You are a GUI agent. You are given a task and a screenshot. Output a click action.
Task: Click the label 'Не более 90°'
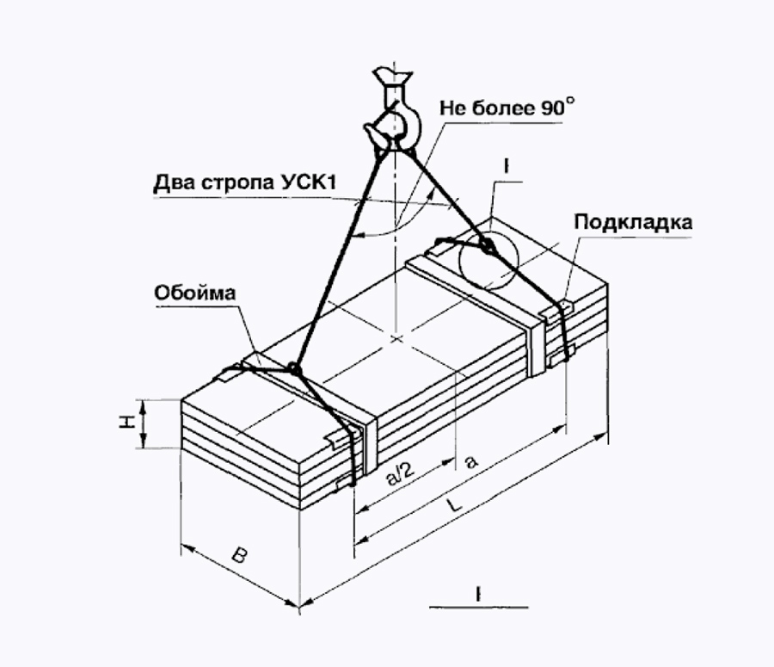click(x=507, y=108)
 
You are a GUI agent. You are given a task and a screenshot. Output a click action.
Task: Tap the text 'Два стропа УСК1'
click(x=245, y=182)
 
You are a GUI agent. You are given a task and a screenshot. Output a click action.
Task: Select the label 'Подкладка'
click(x=633, y=222)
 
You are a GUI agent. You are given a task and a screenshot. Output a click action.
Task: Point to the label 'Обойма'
click(x=195, y=293)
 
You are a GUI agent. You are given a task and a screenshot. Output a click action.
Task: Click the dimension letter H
click(x=128, y=422)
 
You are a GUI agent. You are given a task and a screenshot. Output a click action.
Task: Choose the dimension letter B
click(x=239, y=555)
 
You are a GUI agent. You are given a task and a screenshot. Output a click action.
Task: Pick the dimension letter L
click(x=454, y=505)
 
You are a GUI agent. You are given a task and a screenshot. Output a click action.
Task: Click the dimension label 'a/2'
click(x=399, y=474)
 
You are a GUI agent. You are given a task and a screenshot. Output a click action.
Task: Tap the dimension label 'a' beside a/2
click(x=472, y=461)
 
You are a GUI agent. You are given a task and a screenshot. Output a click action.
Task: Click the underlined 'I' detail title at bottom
click(x=478, y=593)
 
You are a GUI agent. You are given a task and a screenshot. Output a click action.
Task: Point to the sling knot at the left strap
click(x=294, y=368)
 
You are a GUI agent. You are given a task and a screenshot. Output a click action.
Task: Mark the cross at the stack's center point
click(x=396, y=338)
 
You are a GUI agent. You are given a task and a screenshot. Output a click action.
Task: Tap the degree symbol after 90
click(x=570, y=102)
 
